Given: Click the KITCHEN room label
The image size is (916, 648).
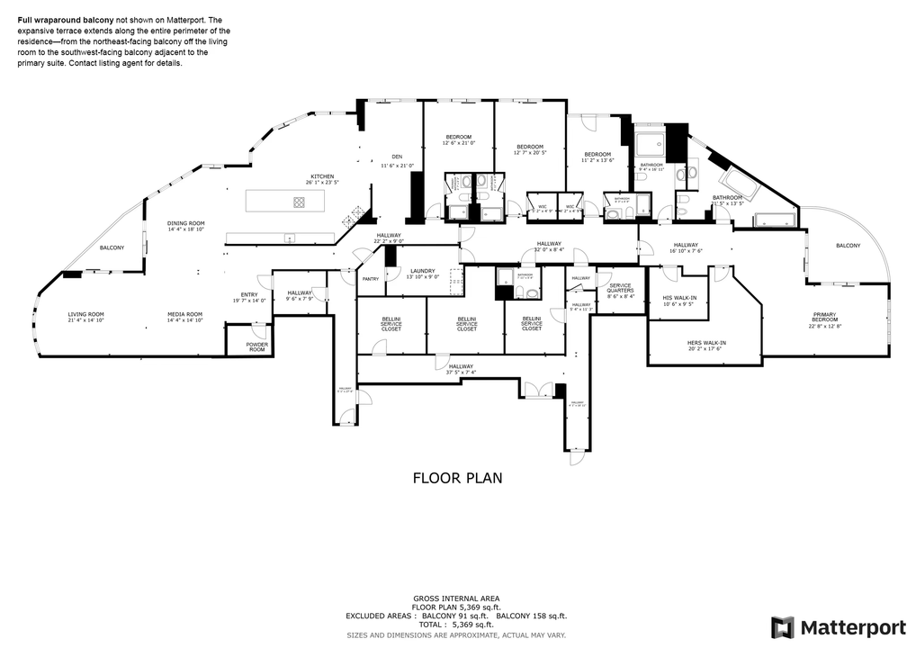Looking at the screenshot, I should pyautogui.click(x=322, y=176).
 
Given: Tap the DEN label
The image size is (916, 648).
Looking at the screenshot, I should pyautogui.click(x=396, y=157).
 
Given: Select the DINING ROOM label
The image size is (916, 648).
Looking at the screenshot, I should pyautogui.click(x=186, y=223).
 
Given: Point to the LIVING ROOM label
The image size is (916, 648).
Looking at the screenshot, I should pyautogui.click(x=86, y=314).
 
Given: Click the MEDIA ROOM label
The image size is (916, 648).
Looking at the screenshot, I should pyautogui.click(x=184, y=314).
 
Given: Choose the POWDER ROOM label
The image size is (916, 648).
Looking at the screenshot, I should pyautogui.click(x=257, y=346).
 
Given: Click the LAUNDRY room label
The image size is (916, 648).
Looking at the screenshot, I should pyautogui.click(x=423, y=271).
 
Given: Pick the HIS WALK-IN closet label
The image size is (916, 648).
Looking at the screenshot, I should pyautogui.click(x=679, y=298).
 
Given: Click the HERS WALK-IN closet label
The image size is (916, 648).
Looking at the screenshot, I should pyautogui.click(x=706, y=343).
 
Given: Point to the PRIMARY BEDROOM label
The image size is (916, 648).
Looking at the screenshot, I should pyautogui.click(x=824, y=317).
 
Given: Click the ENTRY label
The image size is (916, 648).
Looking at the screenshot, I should pyautogui.click(x=249, y=295).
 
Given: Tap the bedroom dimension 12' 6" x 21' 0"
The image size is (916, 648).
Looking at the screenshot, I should pyautogui.click(x=457, y=143).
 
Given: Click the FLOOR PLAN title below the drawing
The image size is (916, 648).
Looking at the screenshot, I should pyautogui.click(x=457, y=478).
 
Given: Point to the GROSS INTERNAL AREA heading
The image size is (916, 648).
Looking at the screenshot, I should pyautogui.click(x=457, y=598).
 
